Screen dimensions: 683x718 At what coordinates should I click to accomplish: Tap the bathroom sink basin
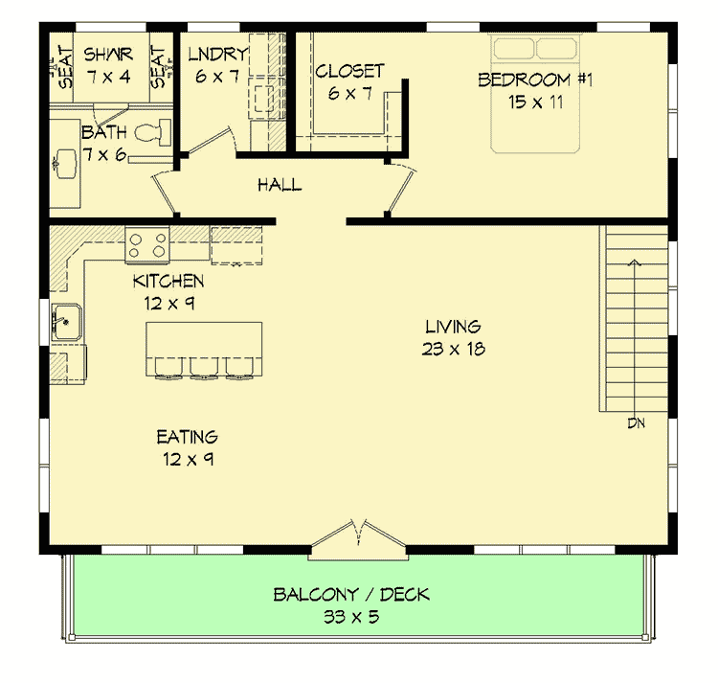[x=64, y=164]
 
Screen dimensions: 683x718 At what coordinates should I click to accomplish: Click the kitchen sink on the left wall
[x=64, y=320]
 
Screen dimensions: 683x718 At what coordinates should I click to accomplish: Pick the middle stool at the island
[x=204, y=367]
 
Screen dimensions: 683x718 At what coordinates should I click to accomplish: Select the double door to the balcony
[x=359, y=540]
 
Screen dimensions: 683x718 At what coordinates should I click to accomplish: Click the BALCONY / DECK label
[x=351, y=595]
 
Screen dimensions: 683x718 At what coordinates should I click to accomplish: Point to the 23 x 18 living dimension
[x=453, y=349]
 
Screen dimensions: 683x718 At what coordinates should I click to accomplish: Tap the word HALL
[x=279, y=185]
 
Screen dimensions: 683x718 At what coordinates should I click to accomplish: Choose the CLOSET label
[x=349, y=71]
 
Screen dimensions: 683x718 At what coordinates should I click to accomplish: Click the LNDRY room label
[x=218, y=54]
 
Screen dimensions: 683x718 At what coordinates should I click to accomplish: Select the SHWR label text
[x=107, y=54]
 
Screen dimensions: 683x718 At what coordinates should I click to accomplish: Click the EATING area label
[x=188, y=438]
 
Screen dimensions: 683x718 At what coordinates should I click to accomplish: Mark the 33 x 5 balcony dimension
[x=351, y=617]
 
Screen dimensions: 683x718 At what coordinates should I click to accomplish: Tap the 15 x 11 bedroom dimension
[x=536, y=102]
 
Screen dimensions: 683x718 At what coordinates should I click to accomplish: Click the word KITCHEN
[x=168, y=281]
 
